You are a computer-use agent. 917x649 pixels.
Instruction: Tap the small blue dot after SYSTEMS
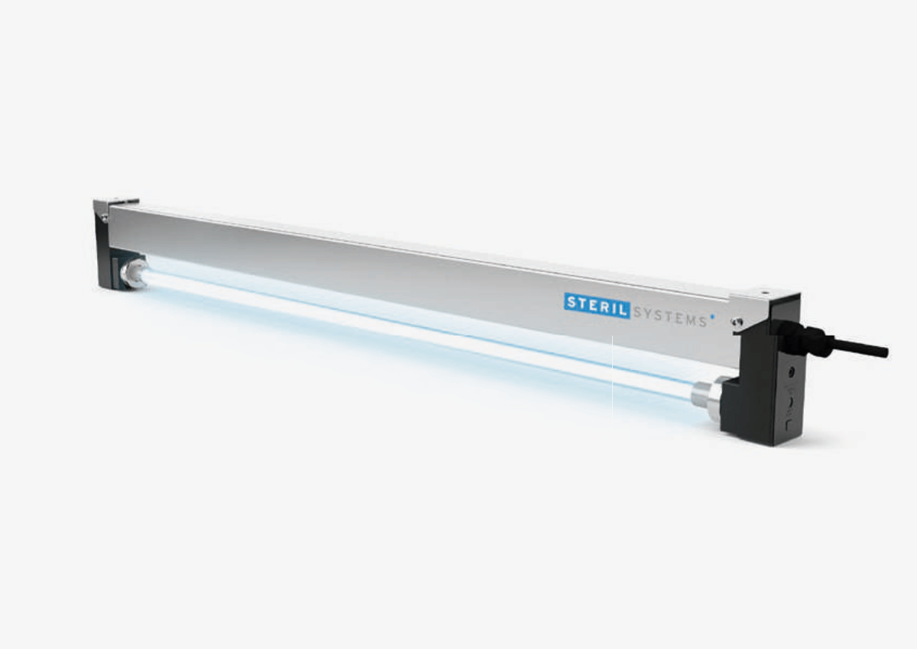[713, 313]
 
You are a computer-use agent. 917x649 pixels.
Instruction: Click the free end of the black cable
[884, 352]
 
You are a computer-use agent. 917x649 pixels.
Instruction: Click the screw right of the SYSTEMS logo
[736, 322]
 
